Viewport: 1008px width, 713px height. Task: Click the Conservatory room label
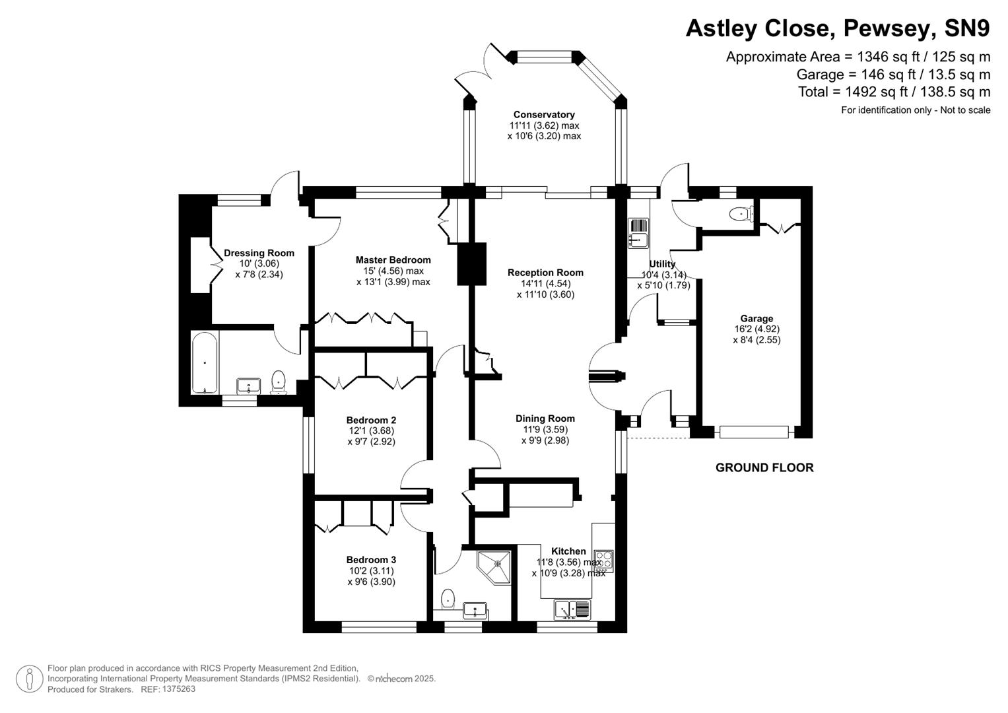tap(544, 115)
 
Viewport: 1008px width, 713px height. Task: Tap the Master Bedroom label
tap(393, 260)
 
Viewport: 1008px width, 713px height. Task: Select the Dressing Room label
tap(259, 253)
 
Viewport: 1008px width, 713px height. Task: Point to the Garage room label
tap(756, 319)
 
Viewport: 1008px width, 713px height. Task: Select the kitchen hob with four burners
tap(604, 560)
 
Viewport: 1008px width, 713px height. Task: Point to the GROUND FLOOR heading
tap(764, 468)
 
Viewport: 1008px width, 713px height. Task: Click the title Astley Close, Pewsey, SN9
tap(838, 28)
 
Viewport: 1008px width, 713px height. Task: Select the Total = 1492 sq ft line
tap(894, 92)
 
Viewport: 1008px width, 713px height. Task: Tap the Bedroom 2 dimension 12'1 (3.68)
tap(371, 431)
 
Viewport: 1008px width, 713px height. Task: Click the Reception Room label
tap(545, 273)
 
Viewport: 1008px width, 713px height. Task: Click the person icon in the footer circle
tap(30, 679)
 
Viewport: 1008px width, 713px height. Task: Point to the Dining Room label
tap(545, 419)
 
